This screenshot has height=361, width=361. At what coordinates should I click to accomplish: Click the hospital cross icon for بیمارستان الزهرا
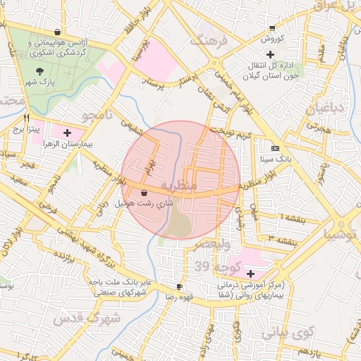(67, 132)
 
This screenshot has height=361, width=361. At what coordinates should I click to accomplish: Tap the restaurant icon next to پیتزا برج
(27, 118)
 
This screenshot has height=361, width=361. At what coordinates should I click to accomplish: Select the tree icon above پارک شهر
(39, 71)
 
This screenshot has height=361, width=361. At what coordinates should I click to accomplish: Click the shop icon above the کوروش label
(272, 28)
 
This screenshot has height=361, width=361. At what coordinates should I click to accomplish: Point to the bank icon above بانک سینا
(275, 148)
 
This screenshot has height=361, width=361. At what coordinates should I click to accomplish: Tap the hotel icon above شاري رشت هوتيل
(145, 192)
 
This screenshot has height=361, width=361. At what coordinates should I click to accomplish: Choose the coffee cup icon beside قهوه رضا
(179, 286)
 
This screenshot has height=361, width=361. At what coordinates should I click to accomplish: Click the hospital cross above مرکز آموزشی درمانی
(250, 273)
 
